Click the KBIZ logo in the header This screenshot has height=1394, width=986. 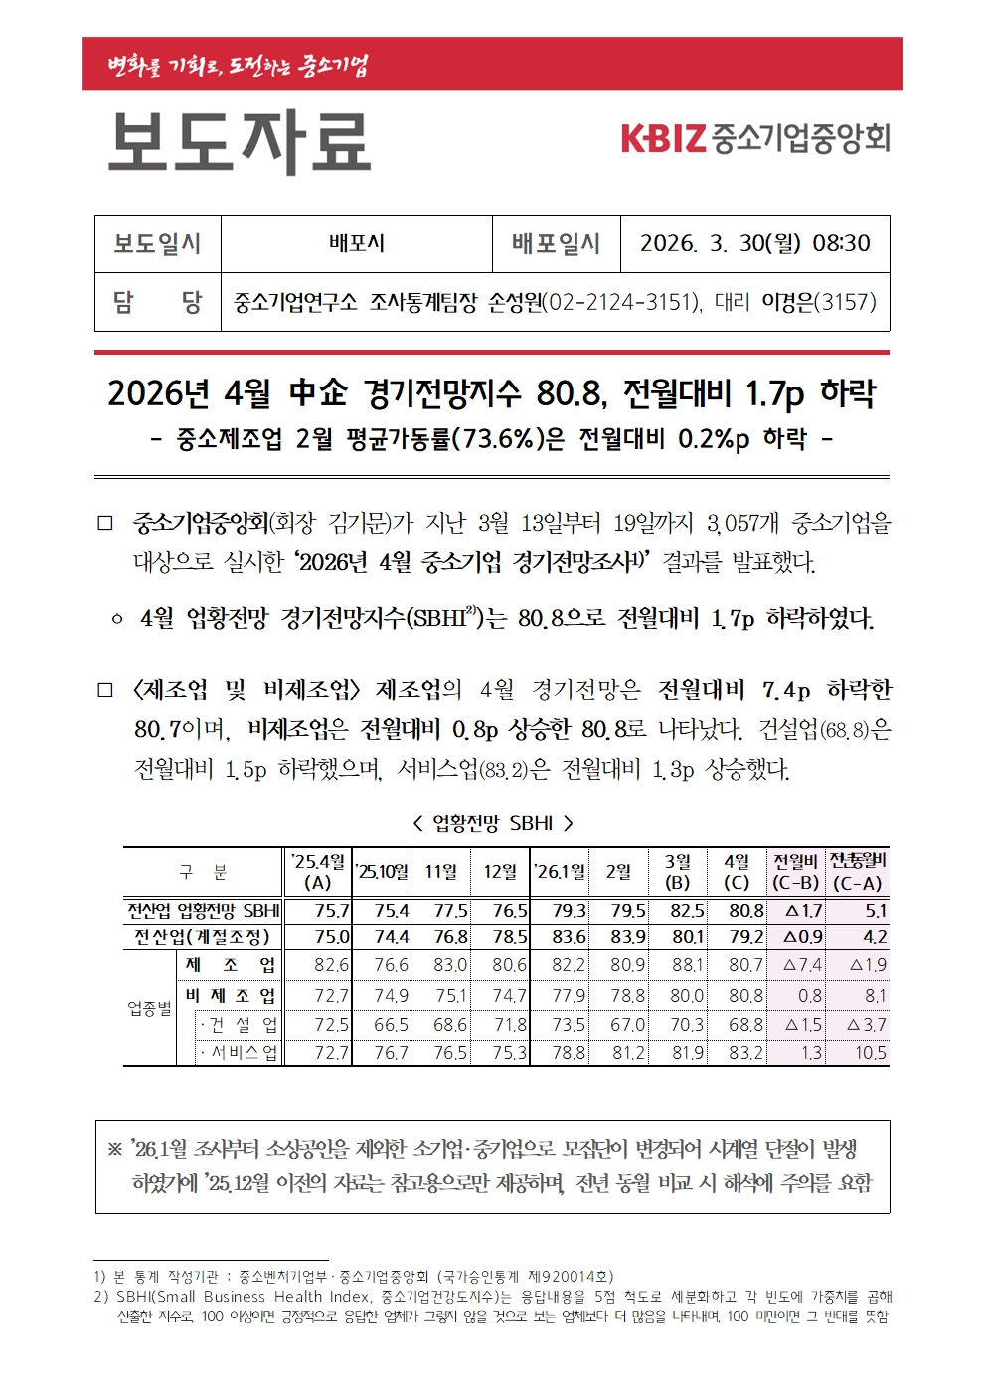point(754,138)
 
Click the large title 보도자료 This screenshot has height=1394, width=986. point(239,142)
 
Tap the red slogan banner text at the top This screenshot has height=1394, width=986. point(238,66)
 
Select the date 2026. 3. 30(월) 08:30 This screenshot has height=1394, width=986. point(754,244)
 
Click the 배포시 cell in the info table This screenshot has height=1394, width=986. point(356,244)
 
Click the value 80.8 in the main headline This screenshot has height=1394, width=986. point(570,393)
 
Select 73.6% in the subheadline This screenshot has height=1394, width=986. point(493,438)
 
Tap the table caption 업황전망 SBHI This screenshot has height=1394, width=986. point(492,823)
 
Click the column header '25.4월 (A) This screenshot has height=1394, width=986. point(317,872)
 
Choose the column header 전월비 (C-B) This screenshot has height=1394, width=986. point(795,872)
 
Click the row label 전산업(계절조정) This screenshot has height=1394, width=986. point(203,937)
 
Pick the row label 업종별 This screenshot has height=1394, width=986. point(150,1008)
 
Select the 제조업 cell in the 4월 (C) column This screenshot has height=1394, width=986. point(745,965)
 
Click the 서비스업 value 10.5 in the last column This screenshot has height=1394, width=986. point(870,1053)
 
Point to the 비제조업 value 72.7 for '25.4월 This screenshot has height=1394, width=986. point(331,996)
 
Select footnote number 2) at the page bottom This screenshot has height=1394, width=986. point(100,1297)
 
